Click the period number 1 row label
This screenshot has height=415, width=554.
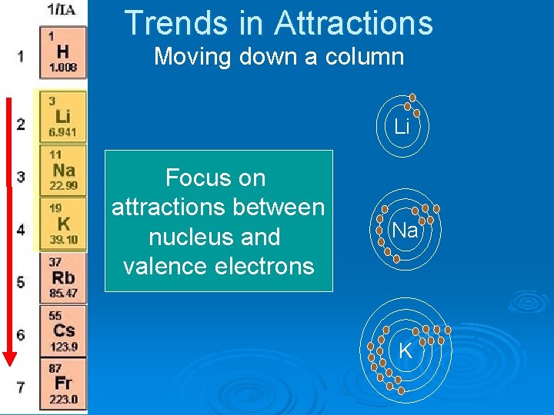[21, 56]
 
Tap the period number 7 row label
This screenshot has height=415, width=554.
[21, 387]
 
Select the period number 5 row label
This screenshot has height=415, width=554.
[21, 281]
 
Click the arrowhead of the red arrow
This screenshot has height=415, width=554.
[9, 358]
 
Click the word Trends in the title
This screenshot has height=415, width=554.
[176, 23]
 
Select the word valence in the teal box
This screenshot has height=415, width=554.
[165, 267]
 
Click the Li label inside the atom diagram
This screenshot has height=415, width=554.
[402, 128]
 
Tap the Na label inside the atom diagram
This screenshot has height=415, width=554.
[405, 231]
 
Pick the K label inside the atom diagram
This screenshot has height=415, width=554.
[405, 352]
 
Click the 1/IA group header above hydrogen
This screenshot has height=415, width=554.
[62, 10]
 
